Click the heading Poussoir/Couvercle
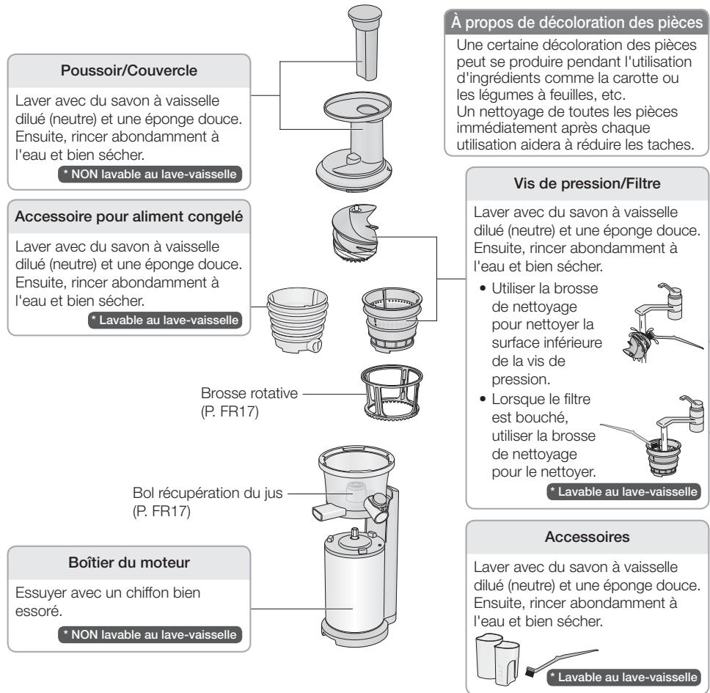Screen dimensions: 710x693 point(129,70)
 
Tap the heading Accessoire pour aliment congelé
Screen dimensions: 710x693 point(129,216)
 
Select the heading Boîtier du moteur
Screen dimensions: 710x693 point(129,562)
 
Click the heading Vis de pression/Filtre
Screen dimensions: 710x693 point(587,183)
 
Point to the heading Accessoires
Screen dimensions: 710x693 point(587,537)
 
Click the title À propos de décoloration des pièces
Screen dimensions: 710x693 point(577,23)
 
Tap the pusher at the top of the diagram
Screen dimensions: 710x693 point(365,43)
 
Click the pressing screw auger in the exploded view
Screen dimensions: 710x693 point(355,232)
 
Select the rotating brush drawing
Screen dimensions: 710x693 point(392,393)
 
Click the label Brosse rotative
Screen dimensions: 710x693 point(249,393)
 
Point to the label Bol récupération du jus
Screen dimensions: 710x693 point(208,493)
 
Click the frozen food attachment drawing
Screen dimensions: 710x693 point(298,320)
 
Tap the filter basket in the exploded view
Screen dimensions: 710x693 point(392,319)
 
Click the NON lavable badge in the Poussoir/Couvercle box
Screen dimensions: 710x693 point(150,175)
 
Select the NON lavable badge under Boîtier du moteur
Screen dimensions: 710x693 point(150,634)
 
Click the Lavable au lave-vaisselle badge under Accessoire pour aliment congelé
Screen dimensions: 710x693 point(165,320)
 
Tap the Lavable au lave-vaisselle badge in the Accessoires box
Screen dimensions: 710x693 point(624,677)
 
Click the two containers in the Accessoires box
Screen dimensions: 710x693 point(497,659)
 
